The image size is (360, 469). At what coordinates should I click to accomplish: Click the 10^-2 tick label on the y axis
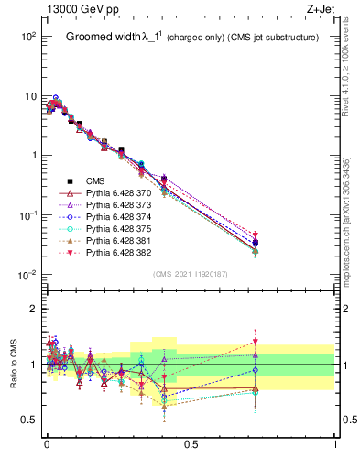coord(27,275)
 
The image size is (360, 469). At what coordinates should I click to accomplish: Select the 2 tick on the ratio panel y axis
coord(35,309)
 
